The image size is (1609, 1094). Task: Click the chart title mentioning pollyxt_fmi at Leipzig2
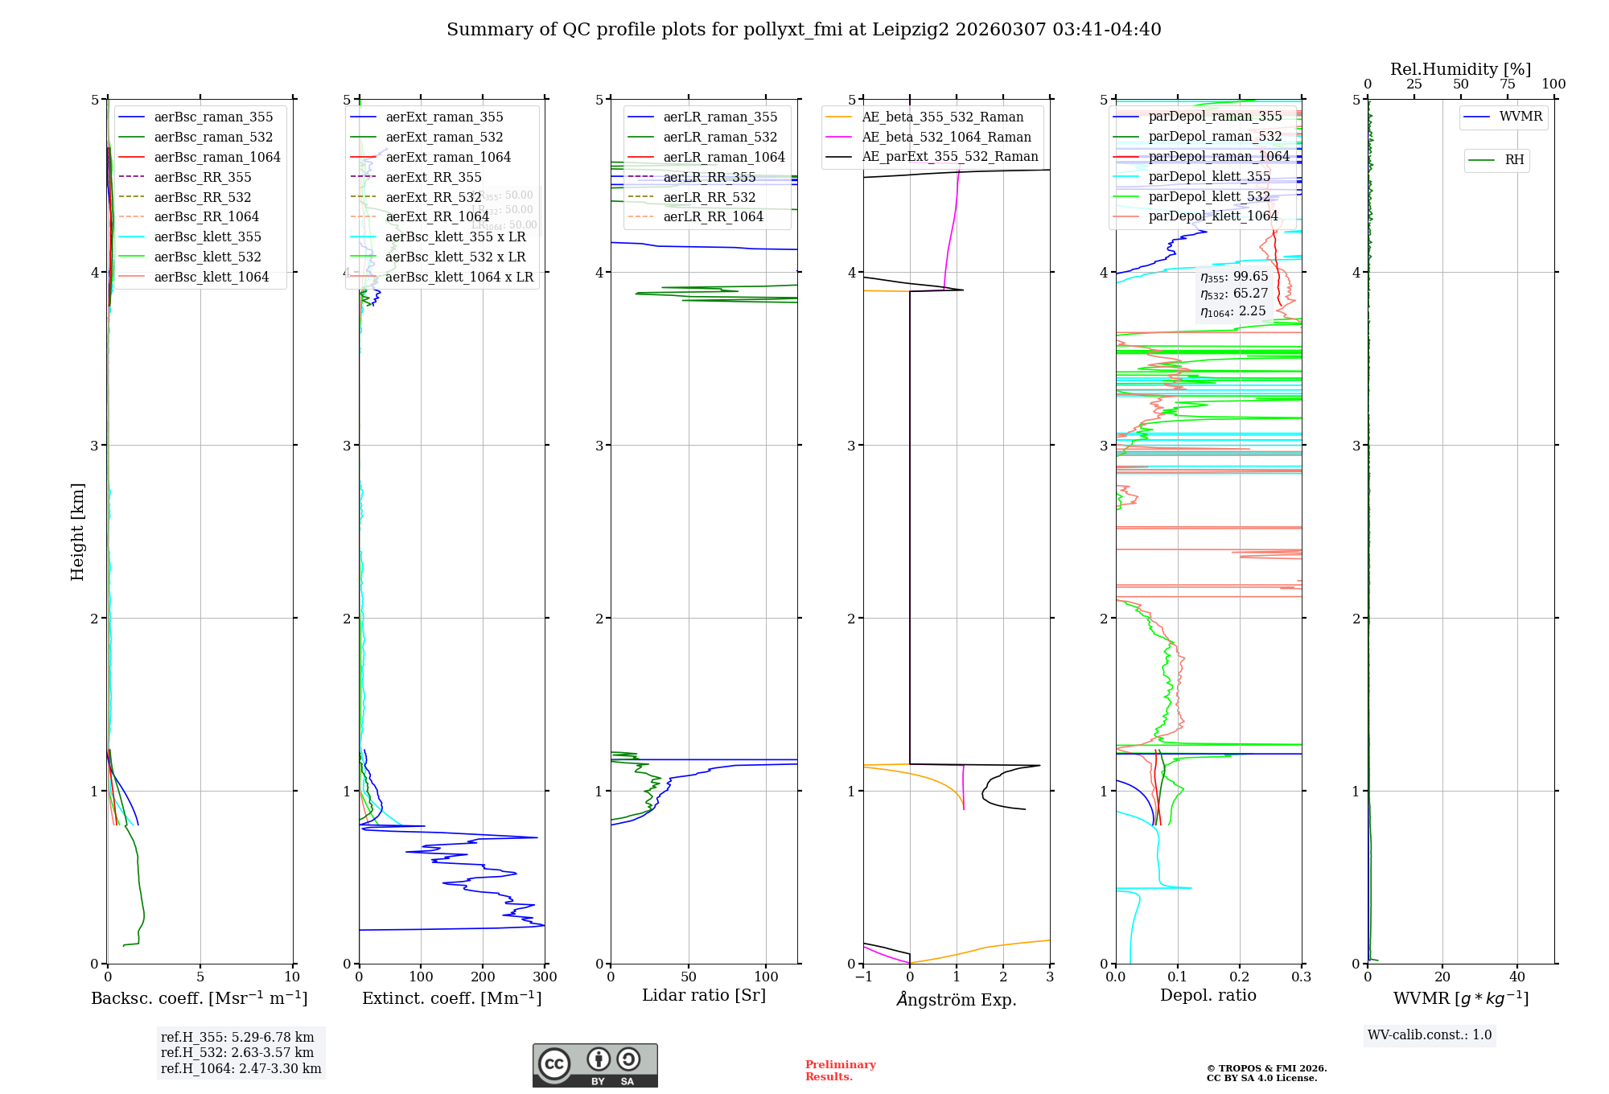point(804,30)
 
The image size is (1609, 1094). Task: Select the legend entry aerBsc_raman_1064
point(217,157)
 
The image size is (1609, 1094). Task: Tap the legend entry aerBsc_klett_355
point(208,236)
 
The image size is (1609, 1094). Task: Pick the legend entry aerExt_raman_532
point(444,137)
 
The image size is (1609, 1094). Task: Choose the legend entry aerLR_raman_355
point(720,117)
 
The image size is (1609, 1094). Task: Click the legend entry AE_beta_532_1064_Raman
point(946,137)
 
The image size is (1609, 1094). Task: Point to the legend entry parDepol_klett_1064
point(1212,216)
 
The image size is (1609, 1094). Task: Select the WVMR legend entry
point(1521,117)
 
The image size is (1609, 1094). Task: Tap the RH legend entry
point(1514,160)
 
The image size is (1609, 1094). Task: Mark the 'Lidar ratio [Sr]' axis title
point(704,995)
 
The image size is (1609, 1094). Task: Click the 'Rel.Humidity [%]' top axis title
point(1460,69)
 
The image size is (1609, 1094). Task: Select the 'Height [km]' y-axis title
point(77,531)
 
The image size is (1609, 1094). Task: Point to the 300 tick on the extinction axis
point(545,977)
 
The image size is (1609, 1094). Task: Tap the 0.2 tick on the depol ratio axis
point(1240,977)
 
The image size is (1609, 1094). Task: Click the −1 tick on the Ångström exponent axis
point(863,977)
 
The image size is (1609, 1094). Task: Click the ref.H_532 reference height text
point(237,1052)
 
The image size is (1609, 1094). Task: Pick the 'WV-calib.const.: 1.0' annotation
point(1430,1035)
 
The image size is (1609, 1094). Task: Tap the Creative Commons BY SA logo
point(595,1065)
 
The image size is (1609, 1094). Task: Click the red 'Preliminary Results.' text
point(840,1071)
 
